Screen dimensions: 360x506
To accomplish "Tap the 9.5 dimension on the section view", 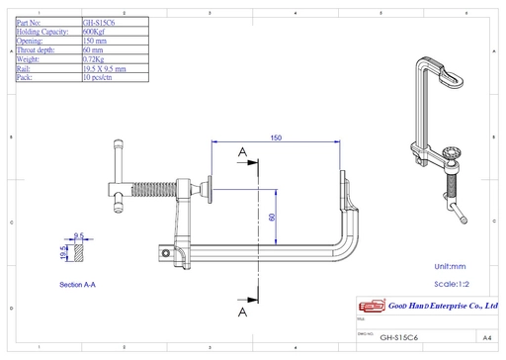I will coord(77,235).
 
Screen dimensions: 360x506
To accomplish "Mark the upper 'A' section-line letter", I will coord(242,150).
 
